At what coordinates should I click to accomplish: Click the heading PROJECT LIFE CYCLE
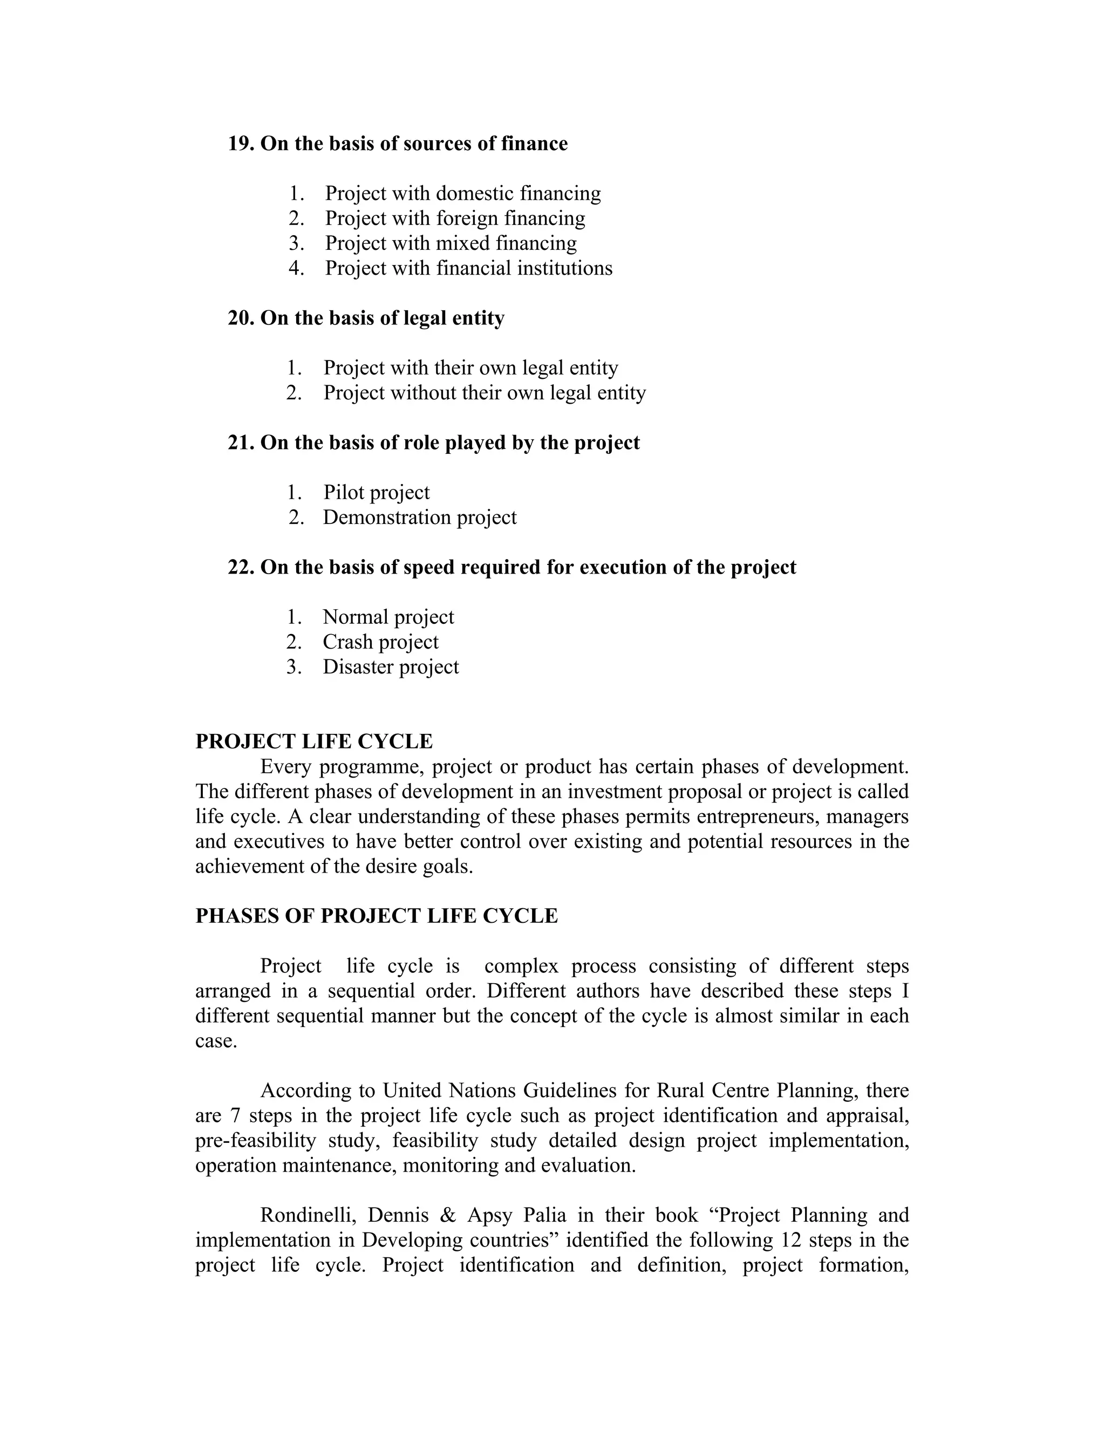click(x=313, y=741)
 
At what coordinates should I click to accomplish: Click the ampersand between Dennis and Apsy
click(x=448, y=1215)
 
